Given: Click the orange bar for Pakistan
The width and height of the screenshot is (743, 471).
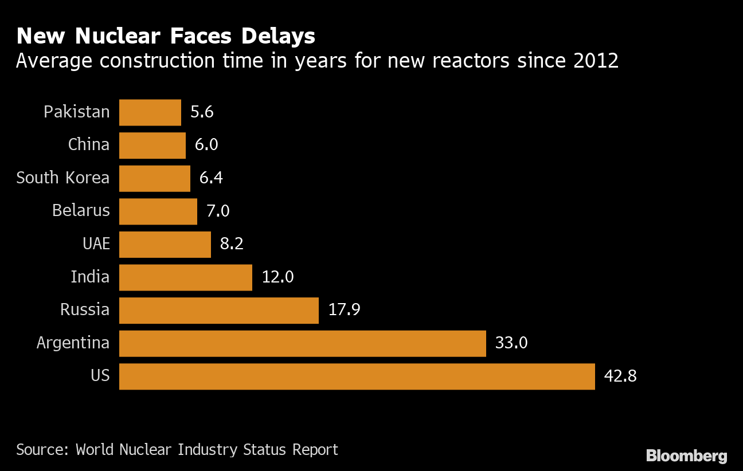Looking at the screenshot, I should click(x=150, y=112).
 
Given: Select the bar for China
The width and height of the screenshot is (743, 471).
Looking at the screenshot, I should click(x=152, y=146).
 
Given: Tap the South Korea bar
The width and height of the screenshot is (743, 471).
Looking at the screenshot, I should click(x=155, y=178).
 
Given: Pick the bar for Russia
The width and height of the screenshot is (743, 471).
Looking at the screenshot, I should click(x=219, y=310).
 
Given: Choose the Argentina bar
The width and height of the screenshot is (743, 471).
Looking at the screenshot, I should click(x=303, y=343).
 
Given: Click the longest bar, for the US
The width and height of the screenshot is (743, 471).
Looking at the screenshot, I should click(x=357, y=376).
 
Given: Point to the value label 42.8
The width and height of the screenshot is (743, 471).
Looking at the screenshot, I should click(x=620, y=376).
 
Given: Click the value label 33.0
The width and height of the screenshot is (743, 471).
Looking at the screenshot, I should click(x=511, y=343).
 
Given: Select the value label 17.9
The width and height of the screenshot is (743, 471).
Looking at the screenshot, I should click(x=344, y=310).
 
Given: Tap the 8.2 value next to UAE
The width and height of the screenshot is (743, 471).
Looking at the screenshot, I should click(x=232, y=244).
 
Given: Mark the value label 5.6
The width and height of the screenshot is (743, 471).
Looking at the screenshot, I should click(x=202, y=112).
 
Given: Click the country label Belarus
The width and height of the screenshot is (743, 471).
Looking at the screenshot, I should click(x=81, y=211).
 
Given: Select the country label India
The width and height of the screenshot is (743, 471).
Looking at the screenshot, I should click(x=90, y=277).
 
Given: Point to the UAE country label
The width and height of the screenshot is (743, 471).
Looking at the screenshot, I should click(x=96, y=244).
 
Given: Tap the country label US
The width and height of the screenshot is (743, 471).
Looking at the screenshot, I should click(x=100, y=376).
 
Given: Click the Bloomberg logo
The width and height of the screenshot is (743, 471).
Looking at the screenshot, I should click(x=686, y=456).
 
